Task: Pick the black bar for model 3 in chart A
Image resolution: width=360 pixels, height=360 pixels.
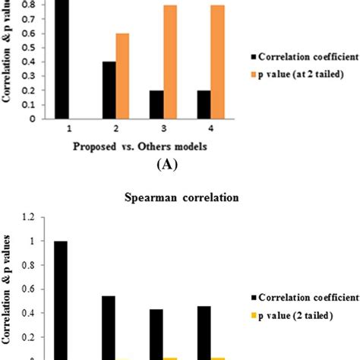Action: tap(156, 104)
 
